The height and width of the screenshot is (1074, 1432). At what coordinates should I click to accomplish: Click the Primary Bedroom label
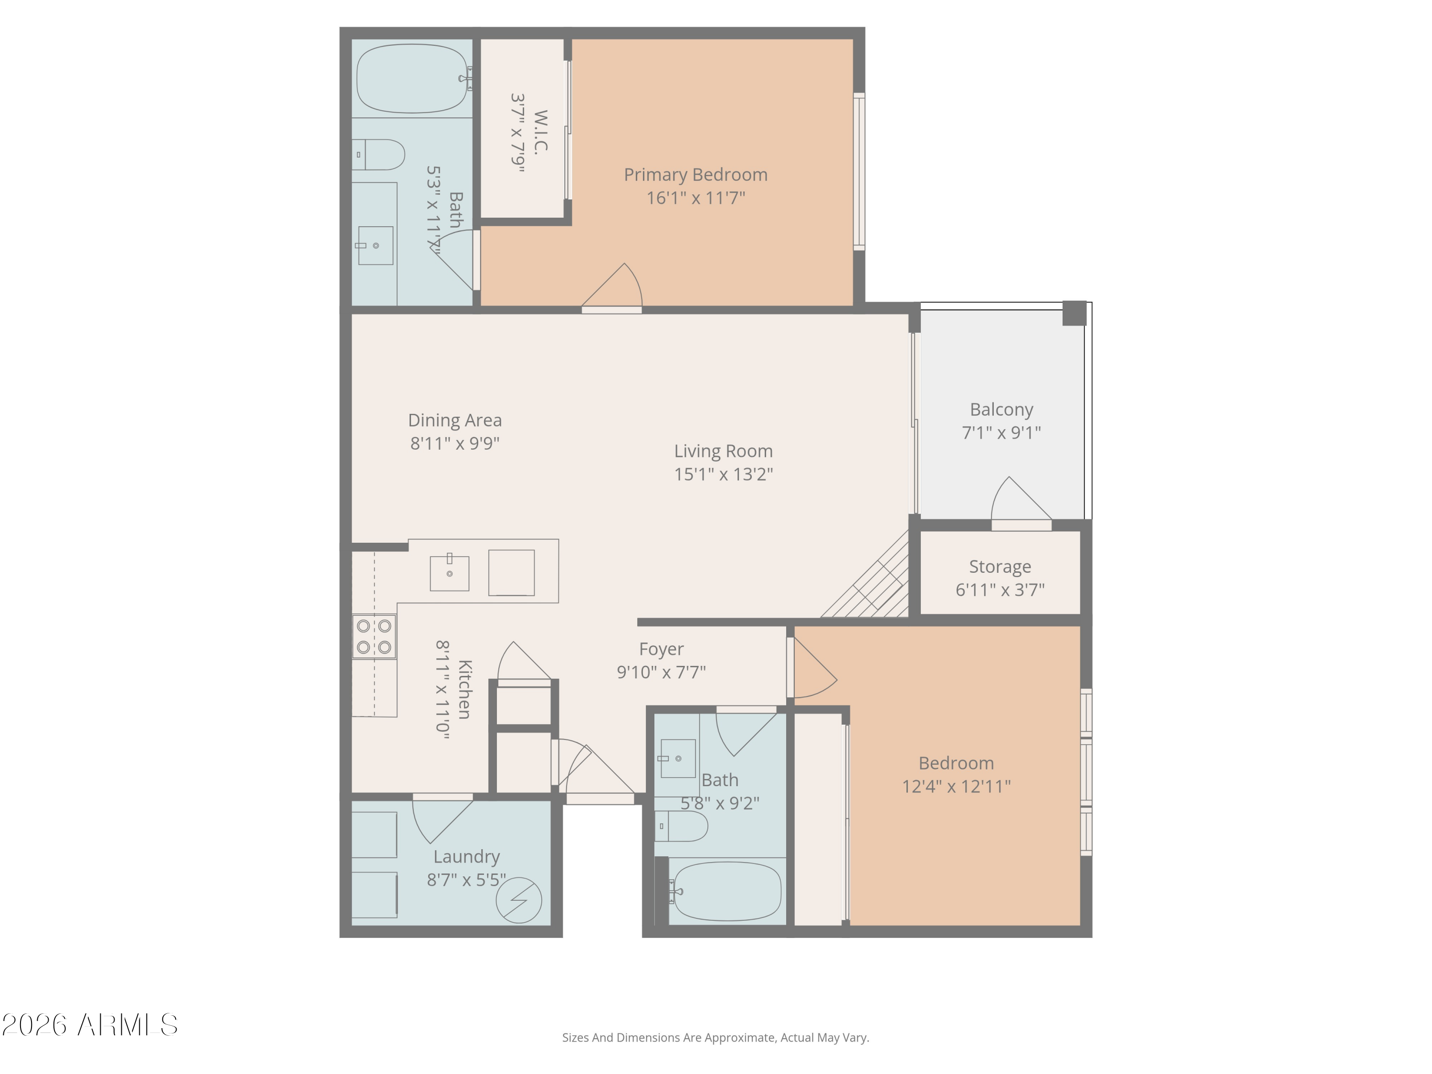click(x=695, y=175)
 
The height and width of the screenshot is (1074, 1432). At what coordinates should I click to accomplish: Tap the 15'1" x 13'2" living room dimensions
click(x=723, y=474)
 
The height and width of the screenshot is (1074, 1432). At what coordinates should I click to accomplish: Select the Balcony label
click(x=1001, y=410)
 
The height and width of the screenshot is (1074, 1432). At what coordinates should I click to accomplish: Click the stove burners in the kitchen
click(x=374, y=636)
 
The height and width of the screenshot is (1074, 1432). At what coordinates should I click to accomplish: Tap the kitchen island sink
click(x=449, y=573)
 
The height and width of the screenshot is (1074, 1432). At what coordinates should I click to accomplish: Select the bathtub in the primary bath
click(x=412, y=78)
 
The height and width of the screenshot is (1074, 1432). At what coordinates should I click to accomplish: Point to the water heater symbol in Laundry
click(x=518, y=900)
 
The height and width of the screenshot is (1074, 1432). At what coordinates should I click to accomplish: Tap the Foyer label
click(x=661, y=649)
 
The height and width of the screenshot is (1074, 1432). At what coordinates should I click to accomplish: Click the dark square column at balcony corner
click(x=1074, y=313)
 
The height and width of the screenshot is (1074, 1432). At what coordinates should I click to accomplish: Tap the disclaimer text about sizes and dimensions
click(x=716, y=1038)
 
